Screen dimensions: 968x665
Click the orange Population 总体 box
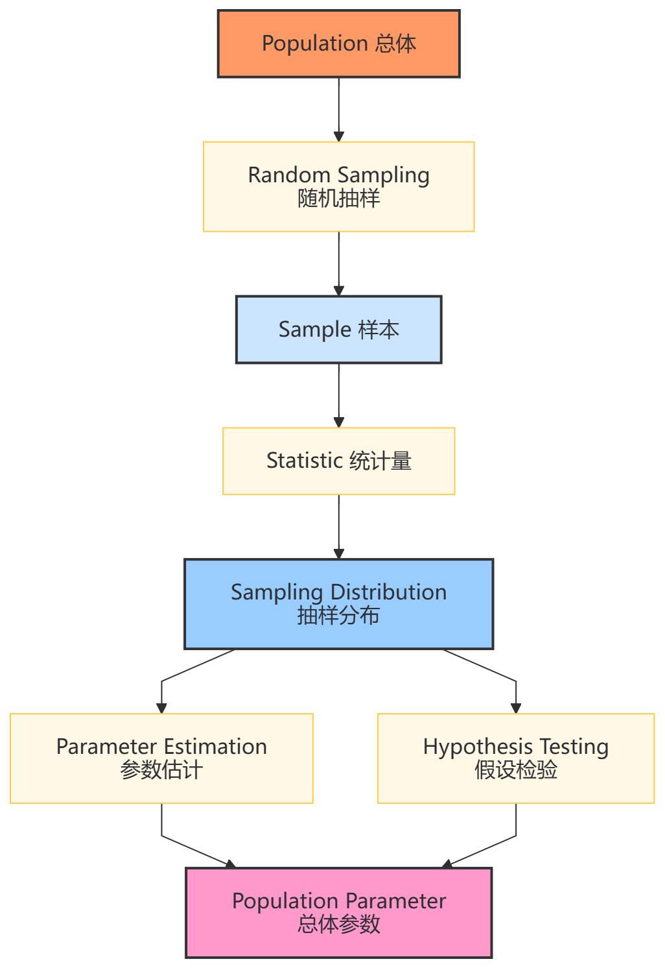[x=338, y=43]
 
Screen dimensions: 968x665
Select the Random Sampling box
[x=338, y=186]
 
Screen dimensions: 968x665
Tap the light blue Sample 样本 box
[x=338, y=330]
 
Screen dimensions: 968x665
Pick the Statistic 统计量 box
[x=338, y=461]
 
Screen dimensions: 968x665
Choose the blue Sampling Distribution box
[x=338, y=604]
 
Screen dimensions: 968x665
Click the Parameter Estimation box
[x=161, y=758]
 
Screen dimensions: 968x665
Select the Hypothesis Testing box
[x=515, y=758]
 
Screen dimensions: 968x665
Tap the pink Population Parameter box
[x=338, y=912]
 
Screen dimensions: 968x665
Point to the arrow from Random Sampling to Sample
[x=338, y=263]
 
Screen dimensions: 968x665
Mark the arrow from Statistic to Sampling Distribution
[x=338, y=526]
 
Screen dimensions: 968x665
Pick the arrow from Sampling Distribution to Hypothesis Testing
[x=486, y=668]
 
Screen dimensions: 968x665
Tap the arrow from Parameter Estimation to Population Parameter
[x=188, y=848]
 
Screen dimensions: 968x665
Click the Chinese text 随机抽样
[x=338, y=199]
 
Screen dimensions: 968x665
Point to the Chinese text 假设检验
[x=515, y=770]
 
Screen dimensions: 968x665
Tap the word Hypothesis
[x=478, y=747]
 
